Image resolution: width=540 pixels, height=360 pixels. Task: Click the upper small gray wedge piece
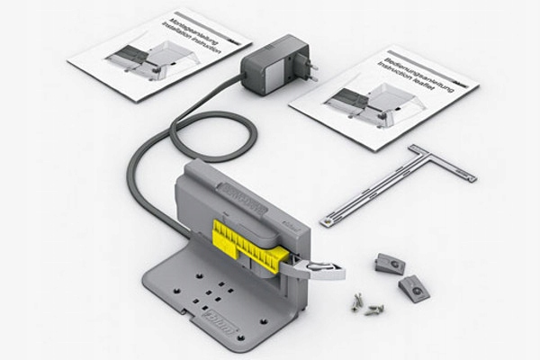coord(390,263)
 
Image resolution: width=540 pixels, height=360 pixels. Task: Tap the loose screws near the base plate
coord(368,306)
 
